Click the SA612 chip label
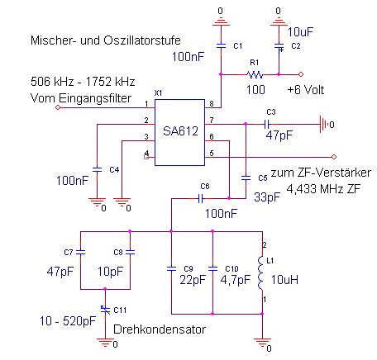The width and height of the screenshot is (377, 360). click(180, 131)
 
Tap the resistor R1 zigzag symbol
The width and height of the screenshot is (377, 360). click(255, 74)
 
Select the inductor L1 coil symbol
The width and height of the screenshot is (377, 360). click(260, 272)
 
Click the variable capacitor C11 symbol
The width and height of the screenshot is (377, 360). click(105, 310)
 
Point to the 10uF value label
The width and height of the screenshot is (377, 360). click(300, 32)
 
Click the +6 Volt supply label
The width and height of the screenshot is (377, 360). click(306, 90)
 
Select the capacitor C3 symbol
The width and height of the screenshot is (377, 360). click(267, 125)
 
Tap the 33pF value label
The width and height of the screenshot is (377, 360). click(267, 197)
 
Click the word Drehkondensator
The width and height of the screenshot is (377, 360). click(160, 329)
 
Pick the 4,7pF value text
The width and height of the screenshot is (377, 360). click(236, 280)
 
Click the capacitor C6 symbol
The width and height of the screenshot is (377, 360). click(201, 198)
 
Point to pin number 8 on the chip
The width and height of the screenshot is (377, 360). click(212, 104)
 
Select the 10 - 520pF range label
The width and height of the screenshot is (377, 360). click(68, 321)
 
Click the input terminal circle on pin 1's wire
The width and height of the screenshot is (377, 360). click(58, 107)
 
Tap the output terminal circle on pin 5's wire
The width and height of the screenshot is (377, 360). click(334, 157)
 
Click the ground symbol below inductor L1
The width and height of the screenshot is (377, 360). click(262, 343)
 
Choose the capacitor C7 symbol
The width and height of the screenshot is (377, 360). click(80, 252)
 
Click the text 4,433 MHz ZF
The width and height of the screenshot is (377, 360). click(323, 189)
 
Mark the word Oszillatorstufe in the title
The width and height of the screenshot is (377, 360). click(142, 40)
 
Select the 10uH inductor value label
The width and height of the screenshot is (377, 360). click(284, 280)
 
